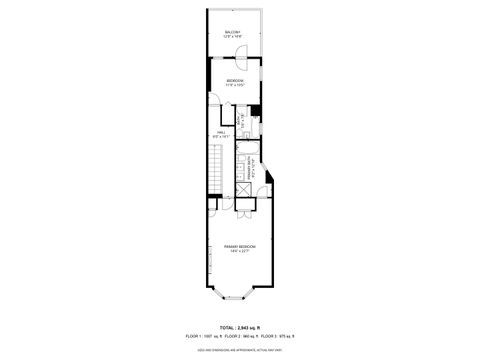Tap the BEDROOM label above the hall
[235, 80]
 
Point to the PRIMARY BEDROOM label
[240, 246]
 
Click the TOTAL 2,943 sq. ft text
[240, 328]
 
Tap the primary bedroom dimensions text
[240, 251]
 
